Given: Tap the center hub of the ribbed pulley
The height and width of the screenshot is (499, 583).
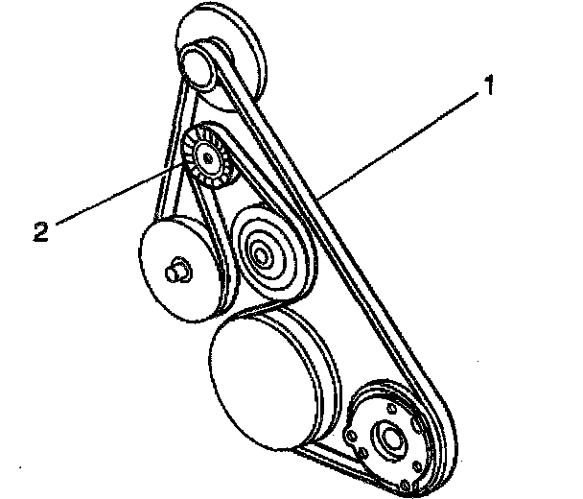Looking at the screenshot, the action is click(205, 157).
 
